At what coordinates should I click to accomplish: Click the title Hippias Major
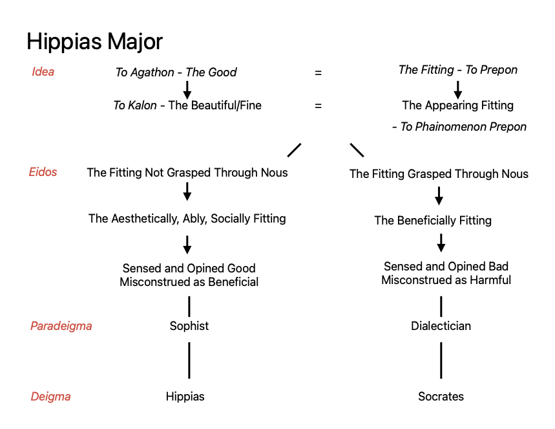[x=94, y=41]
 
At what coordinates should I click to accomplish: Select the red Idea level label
[x=43, y=72]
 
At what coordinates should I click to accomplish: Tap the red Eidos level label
[x=43, y=172]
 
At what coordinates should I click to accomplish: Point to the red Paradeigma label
[x=61, y=325]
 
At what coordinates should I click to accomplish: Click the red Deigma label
[x=50, y=396]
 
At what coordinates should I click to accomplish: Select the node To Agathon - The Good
[x=176, y=72]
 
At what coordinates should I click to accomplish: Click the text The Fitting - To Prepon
[x=457, y=70]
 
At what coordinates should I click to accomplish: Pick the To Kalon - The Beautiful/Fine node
[x=187, y=105]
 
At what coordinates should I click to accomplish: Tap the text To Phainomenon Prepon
[x=459, y=127]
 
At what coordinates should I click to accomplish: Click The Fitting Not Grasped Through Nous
[x=187, y=173]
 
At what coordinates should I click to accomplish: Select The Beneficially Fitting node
[x=433, y=221]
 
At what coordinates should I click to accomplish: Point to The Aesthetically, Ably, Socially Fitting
[x=187, y=219]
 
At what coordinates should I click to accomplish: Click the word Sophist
[x=189, y=325]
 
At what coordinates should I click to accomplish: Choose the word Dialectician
[x=441, y=325]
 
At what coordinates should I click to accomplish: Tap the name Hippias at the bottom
[x=185, y=397]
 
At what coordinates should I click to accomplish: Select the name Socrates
[x=441, y=397]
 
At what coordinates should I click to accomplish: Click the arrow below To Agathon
[x=187, y=89]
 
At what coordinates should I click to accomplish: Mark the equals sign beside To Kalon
[x=318, y=105]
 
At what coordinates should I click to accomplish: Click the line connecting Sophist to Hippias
[x=189, y=360]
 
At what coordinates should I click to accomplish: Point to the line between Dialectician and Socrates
[x=441, y=360]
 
